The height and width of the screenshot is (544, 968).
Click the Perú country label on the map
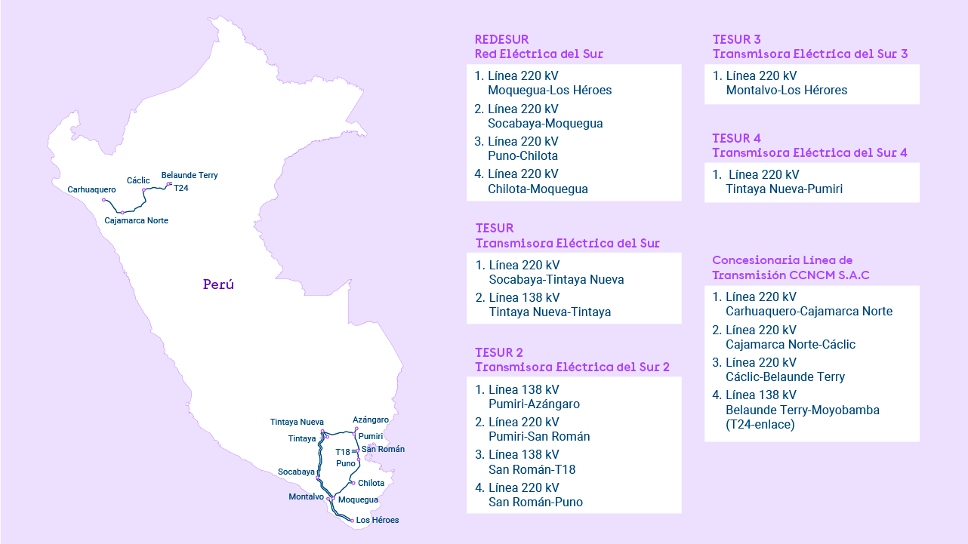(x=218, y=285)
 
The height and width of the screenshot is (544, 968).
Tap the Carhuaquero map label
(x=91, y=189)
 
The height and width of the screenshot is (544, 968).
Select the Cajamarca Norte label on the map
(x=137, y=220)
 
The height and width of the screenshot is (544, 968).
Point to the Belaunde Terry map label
(x=190, y=175)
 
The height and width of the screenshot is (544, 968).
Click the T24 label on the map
(x=181, y=188)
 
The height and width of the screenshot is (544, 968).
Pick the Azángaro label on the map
(x=371, y=420)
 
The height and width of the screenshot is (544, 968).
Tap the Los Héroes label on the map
(x=378, y=520)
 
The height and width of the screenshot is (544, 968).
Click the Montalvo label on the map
(x=306, y=496)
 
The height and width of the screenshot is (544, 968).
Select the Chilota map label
(x=371, y=483)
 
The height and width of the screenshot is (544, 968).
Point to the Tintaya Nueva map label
(x=297, y=422)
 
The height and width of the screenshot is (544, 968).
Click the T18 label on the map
(x=343, y=452)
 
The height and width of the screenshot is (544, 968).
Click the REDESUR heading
(x=501, y=39)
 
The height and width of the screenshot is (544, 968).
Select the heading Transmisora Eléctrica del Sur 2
(x=572, y=367)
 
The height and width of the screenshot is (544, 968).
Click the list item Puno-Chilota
(x=523, y=156)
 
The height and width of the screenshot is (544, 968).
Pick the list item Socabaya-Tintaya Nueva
(x=556, y=279)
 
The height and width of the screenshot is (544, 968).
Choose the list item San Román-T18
(x=532, y=469)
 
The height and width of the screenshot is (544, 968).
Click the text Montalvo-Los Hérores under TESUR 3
(x=786, y=91)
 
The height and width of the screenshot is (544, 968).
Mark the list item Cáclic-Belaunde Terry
(x=785, y=377)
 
